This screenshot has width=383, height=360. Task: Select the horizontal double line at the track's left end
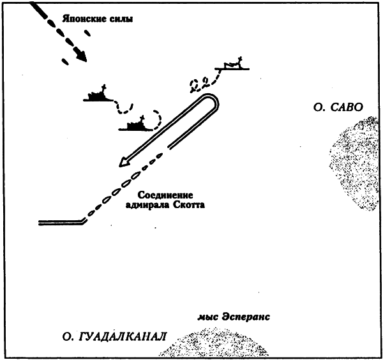pyautogui.click(x=60, y=222)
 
